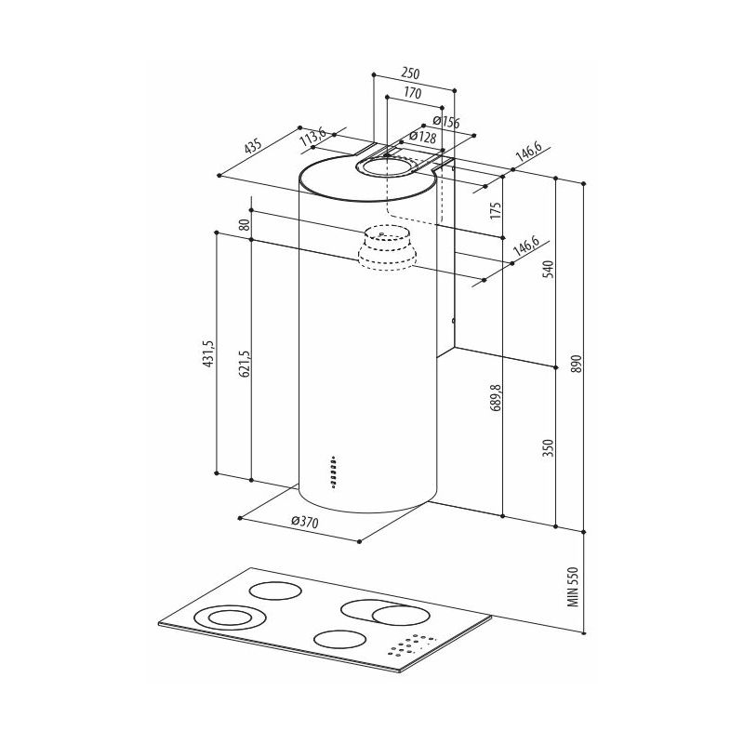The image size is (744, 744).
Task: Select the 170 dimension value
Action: pos(412,93)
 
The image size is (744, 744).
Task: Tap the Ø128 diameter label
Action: pos(421,137)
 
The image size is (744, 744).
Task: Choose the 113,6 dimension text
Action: pos(314,139)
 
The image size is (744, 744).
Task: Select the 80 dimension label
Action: pos(244,225)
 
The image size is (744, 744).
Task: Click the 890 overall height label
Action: pos(577,363)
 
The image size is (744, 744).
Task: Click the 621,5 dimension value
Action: pos(244,365)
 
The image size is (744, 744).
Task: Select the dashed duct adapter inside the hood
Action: pos(386,247)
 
